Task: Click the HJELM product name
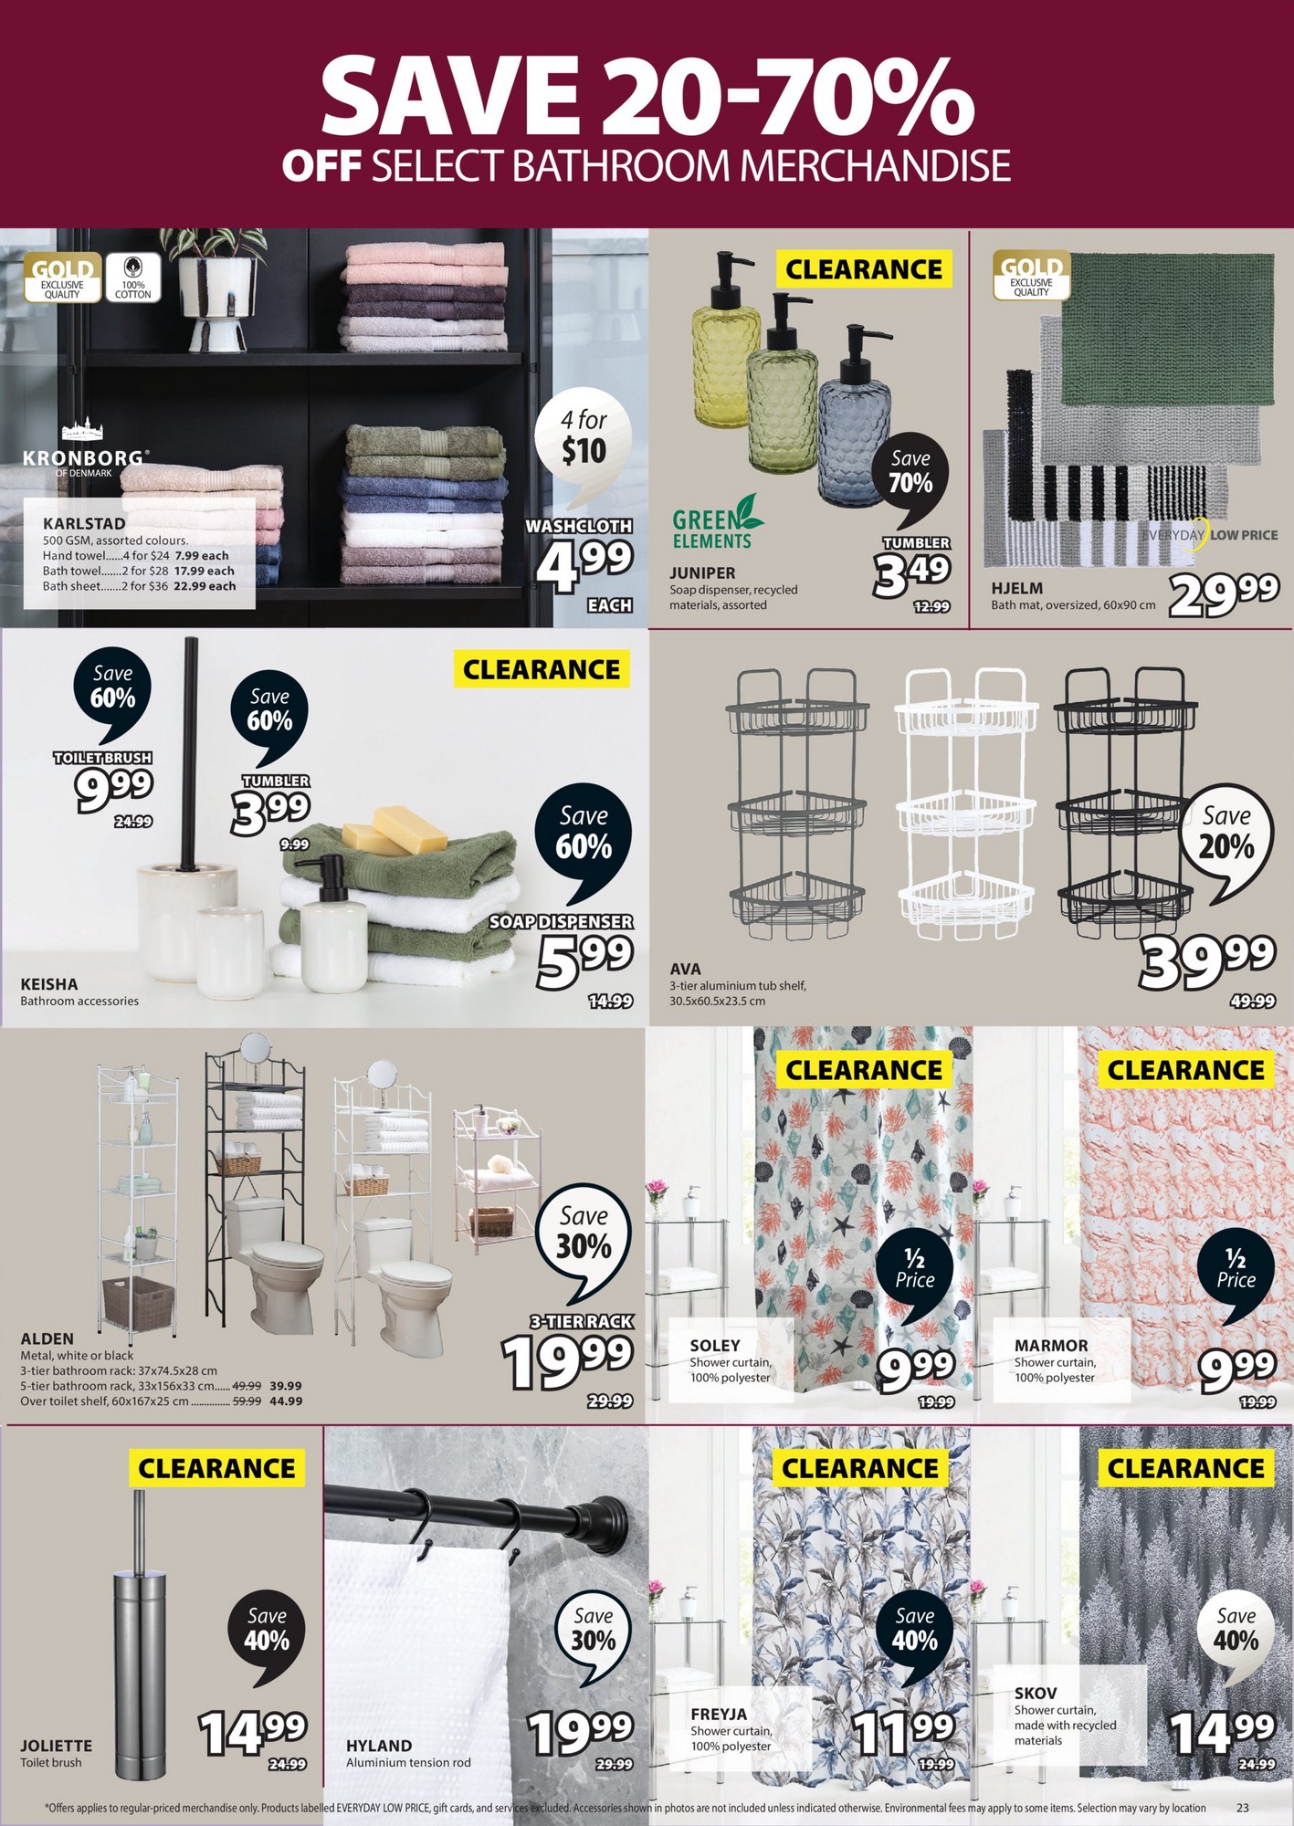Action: (x=1016, y=588)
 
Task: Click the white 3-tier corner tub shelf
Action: (x=965, y=803)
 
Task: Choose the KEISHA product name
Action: (x=49, y=984)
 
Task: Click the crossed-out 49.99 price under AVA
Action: (x=1252, y=1001)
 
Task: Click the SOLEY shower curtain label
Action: (x=731, y=1359)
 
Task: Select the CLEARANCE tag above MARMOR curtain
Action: (x=1186, y=1069)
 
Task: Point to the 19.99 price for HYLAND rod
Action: (x=580, y=1732)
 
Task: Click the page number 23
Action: (x=1242, y=1808)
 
